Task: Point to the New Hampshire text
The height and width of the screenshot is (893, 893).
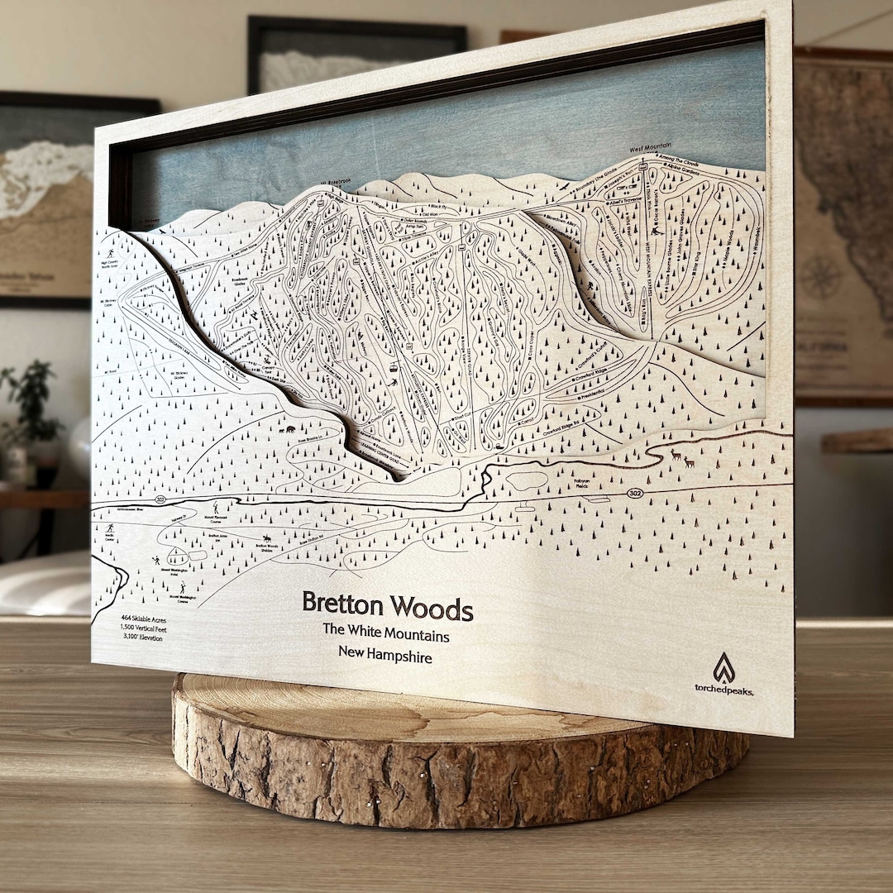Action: (384, 654)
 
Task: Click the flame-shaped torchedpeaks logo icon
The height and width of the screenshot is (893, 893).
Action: (724, 666)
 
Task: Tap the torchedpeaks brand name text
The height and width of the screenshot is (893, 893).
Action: (723, 690)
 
